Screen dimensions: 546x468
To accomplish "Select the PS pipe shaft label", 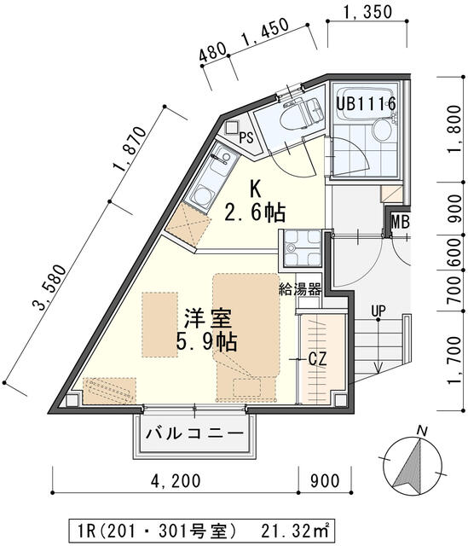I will coord(246,137).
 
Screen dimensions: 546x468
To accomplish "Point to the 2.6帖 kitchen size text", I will coord(254,212).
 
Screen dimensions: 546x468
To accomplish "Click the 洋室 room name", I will coord(209,320).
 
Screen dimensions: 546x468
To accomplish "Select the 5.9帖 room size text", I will coord(209,343).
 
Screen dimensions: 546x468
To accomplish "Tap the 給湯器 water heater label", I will coord(300,289).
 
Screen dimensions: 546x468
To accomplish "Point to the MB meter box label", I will coord(401,224).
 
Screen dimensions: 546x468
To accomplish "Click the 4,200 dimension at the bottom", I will coord(176,480).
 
